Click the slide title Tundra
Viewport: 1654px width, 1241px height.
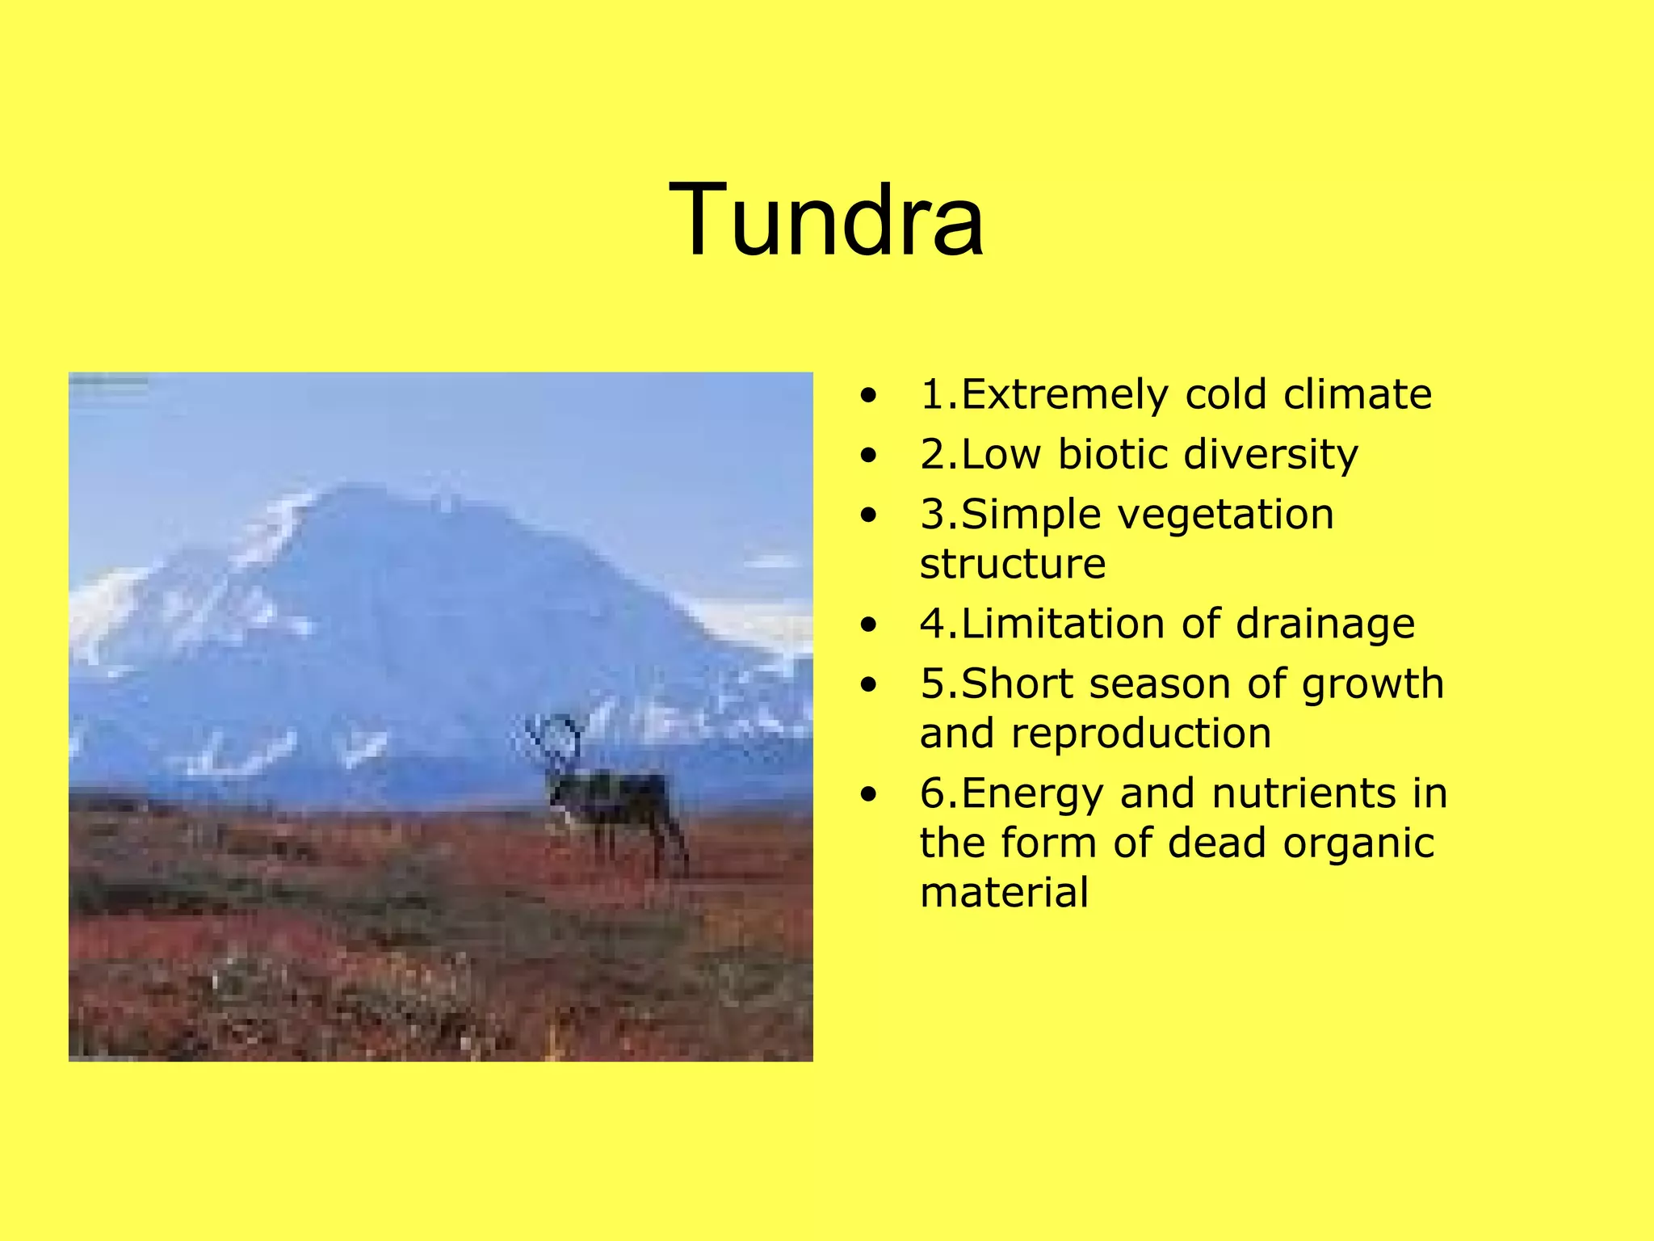pos(826,221)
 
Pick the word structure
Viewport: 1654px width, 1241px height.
pos(1013,564)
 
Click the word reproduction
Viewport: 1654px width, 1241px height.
pos(1140,734)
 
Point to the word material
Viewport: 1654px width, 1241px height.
pos(1004,893)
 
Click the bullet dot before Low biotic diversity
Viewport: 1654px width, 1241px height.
pos(868,455)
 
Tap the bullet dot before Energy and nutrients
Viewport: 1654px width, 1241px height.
pos(868,795)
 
